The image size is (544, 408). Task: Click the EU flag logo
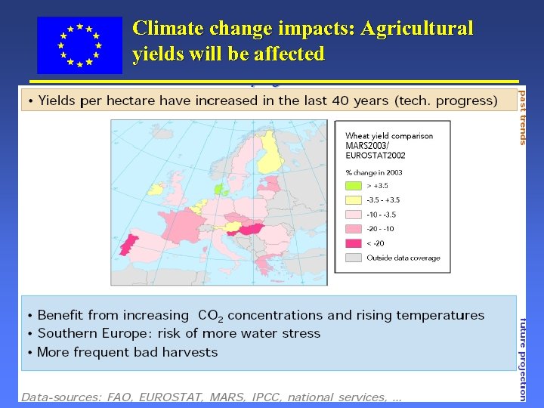[x=79, y=45]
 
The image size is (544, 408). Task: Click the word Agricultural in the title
[x=417, y=29]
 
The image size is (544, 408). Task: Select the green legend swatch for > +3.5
[x=354, y=186]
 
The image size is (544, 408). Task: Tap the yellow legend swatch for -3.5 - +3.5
[x=354, y=200]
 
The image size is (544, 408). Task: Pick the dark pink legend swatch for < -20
[x=354, y=243]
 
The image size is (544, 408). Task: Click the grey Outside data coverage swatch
[x=354, y=258]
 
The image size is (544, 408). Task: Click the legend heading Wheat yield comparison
[x=389, y=136]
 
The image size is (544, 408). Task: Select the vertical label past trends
[x=522, y=116]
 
